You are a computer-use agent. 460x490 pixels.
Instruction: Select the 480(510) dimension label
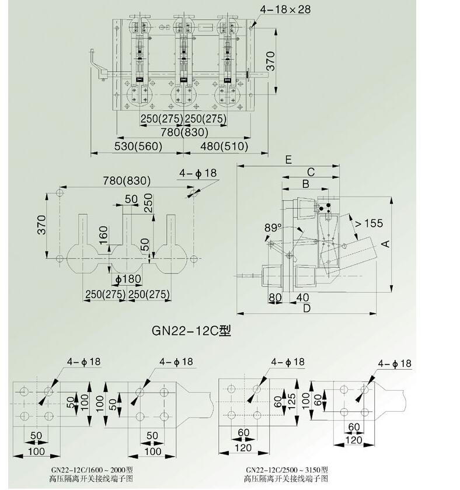pos(224,146)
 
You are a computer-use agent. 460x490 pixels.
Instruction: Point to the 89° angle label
pos(272,227)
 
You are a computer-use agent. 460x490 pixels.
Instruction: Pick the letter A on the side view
pos(385,244)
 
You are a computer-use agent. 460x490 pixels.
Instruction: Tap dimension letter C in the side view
pos(311,171)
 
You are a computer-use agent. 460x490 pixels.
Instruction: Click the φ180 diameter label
pos(128,278)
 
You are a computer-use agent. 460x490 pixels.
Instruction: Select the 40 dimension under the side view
pos(302,297)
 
